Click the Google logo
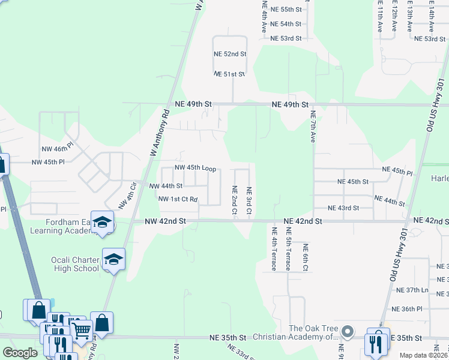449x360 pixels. coord(20,353)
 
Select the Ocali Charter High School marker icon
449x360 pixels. coord(113,260)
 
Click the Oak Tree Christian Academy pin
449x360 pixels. coord(347,332)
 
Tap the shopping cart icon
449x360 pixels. coord(80,329)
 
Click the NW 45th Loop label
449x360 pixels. coord(195,168)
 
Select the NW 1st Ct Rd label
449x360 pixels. coord(178,199)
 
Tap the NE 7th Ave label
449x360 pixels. coord(312,126)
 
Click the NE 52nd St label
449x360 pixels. coord(230,54)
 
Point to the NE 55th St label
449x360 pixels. coord(286,10)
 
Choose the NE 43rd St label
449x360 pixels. coord(343,208)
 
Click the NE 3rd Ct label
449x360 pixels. coord(249,201)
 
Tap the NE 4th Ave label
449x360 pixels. coord(264,16)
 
